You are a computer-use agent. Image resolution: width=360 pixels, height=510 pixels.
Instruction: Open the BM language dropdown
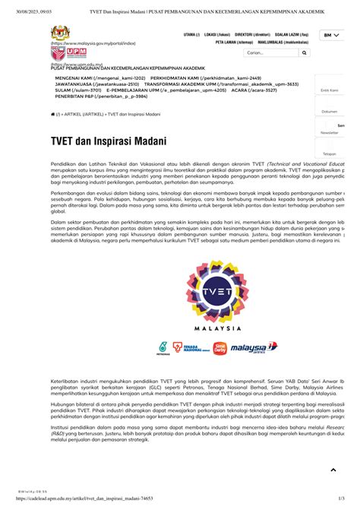pos(330,35)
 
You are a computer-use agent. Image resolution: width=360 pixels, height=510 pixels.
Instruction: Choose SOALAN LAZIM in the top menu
pos(292,35)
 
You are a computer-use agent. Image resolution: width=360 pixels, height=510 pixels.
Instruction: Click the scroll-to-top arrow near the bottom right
pos(333,470)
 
